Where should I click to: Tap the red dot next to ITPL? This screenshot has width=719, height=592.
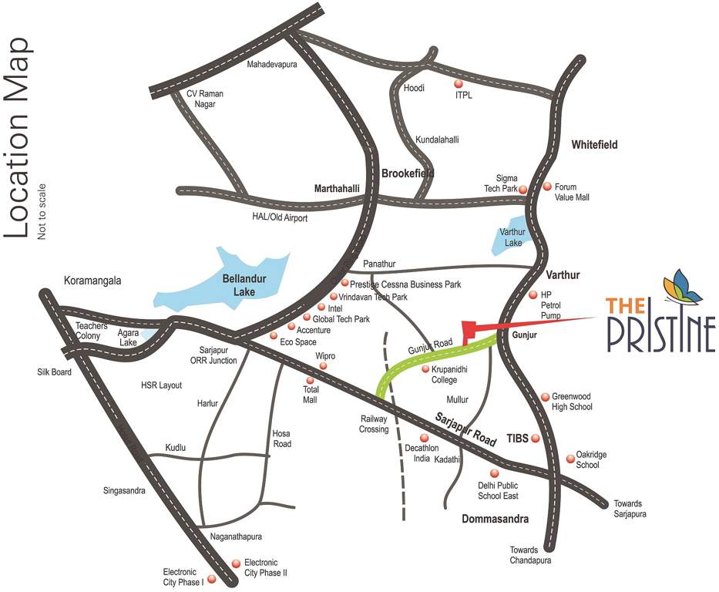[x=459, y=83]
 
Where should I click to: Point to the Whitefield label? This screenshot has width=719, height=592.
[x=594, y=145]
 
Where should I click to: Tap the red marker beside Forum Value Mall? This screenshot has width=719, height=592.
[x=548, y=186]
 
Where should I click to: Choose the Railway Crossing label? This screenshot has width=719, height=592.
[x=374, y=424]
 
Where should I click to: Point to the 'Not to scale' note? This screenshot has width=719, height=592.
[x=42, y=211]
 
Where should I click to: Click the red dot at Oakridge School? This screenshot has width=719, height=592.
[x=570, y=457]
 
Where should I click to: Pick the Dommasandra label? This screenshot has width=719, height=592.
[x=496, y=520]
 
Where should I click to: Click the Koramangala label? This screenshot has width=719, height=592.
[x=93, y=281]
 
